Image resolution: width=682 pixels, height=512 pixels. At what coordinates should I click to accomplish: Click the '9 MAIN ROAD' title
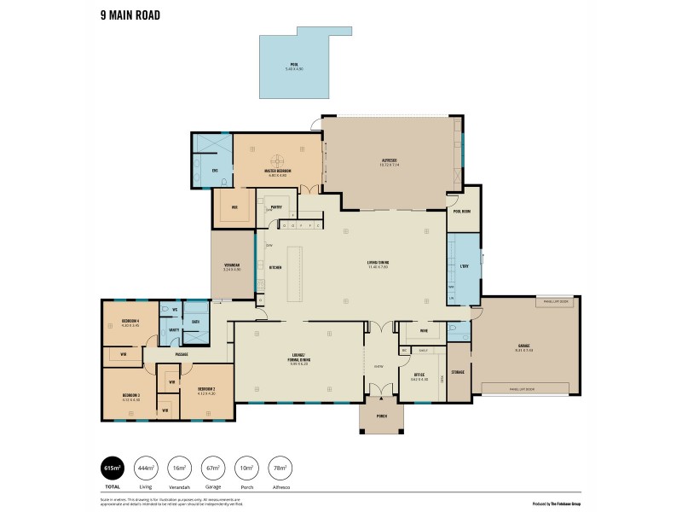pos(130,15)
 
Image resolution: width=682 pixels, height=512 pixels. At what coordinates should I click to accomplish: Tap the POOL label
pos(292,65)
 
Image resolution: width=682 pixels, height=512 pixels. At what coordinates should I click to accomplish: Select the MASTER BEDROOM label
pos(277,171)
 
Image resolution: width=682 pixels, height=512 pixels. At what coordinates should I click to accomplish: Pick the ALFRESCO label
pos(390,160)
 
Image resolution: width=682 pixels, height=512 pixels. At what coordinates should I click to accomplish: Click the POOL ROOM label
pos(462,211)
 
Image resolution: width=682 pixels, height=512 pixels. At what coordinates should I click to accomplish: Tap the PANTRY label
pos(276,207)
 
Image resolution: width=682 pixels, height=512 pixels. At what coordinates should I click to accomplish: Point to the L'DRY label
pos(465,267)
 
